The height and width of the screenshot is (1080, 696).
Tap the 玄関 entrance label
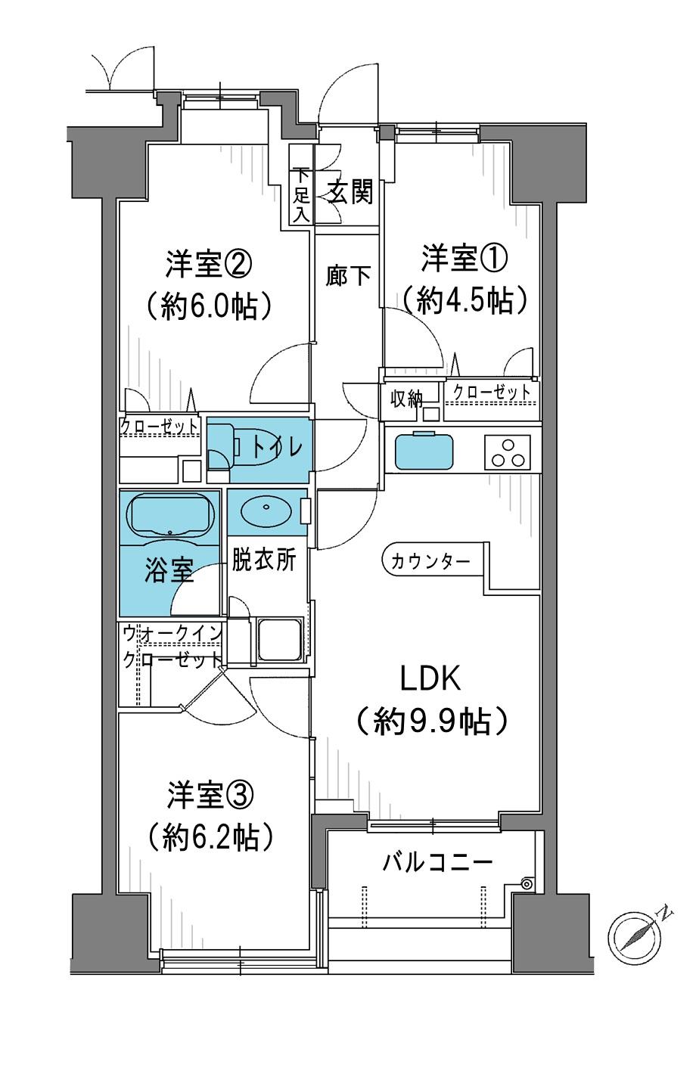click(350, 194)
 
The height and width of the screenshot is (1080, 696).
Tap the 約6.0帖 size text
click(209, 306)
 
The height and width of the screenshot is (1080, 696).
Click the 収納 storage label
click(406, 399)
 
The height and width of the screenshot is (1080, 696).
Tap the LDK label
click(430, 678)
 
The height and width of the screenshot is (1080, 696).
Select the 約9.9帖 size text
click(431, 722)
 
